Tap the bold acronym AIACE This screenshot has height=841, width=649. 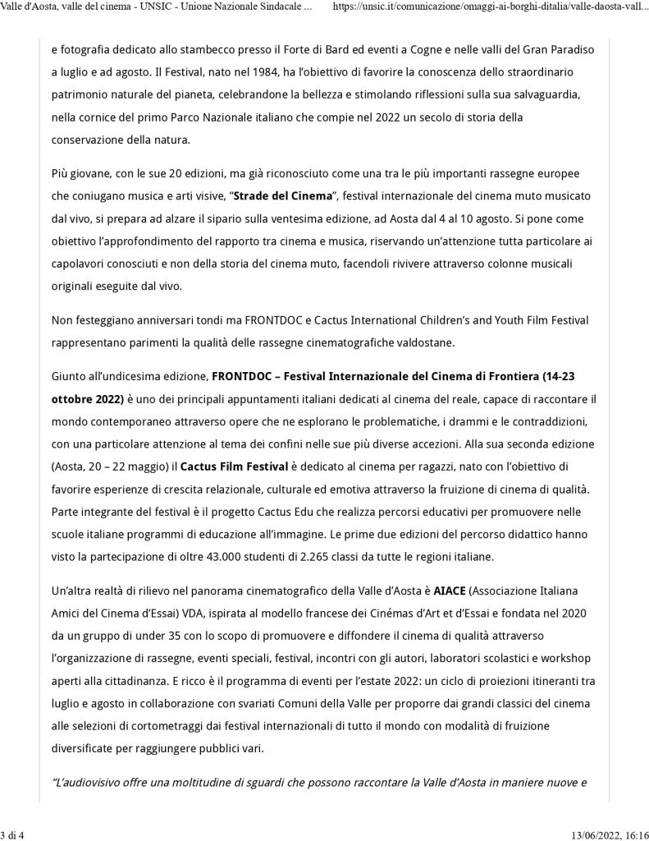click(x=451, y=591)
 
